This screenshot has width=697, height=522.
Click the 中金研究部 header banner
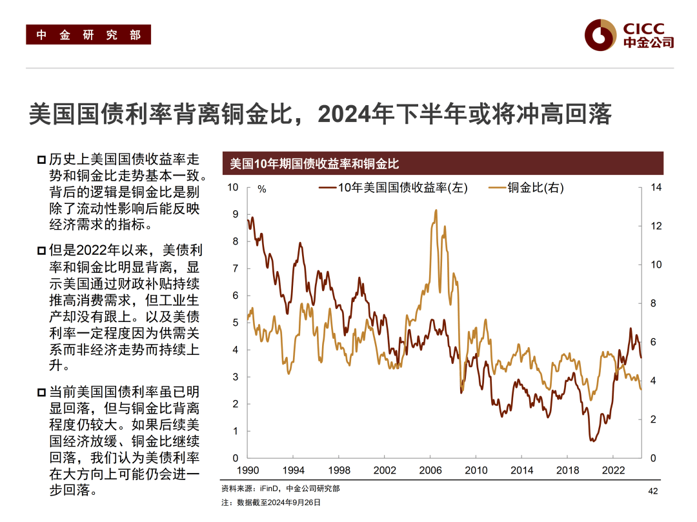[x=88, y=35]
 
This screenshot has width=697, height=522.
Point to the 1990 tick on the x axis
[x=248, y=470]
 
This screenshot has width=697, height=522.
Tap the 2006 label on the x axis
[x=430, y=470]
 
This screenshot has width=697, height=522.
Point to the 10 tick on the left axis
[x=233, y=188]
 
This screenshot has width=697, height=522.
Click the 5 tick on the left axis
[x=236, y=323]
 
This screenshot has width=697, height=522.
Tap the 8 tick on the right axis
[x=653, y=303]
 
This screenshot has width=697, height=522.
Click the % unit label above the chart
[x=261, y=189]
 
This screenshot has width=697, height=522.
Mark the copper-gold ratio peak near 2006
[x=436, y=210]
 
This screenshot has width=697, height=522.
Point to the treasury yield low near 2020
[x=592, y=441]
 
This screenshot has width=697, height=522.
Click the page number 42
[x=652, y=492]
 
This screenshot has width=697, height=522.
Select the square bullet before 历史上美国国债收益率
[x=41, y=160]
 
